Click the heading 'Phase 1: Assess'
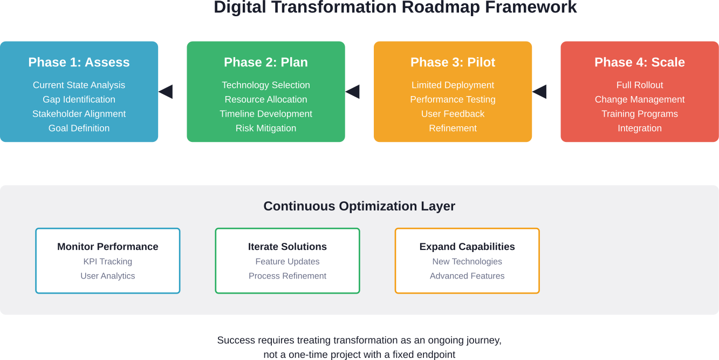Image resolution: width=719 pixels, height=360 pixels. pos(79,62)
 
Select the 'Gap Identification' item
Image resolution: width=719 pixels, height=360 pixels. pos(79,99)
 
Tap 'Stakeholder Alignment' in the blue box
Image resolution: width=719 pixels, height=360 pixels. pos(79,114)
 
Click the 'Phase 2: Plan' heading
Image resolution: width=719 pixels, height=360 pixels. pos(266,62)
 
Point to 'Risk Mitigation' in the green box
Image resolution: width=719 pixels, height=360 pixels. pos(266,128)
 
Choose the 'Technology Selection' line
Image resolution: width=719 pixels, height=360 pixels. pos(266,85)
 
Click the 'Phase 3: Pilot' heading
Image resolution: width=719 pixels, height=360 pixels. pos(453,62)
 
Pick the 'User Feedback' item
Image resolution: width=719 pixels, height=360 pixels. pos(453,114)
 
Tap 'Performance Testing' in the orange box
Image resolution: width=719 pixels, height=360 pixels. pos(453,99)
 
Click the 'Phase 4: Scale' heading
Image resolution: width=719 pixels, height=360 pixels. pos(640,62)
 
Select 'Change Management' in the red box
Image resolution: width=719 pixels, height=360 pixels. pos(640,99)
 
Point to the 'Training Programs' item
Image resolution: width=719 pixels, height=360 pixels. pos(640,114)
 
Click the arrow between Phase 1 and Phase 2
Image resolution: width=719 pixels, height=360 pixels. pos(166,92)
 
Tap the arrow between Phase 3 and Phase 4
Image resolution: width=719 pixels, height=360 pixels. pos(540,92)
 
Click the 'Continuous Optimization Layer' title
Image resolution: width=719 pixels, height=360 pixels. pos(359,206)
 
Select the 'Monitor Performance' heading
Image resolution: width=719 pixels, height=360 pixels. pos(108,247)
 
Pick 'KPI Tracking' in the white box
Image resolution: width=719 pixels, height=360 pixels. pos(108,262)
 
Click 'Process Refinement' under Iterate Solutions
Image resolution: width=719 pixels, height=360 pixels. pos(287,276)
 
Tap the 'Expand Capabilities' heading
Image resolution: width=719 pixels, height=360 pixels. pos(467,247)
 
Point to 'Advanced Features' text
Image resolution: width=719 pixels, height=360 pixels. pos(467,276)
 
